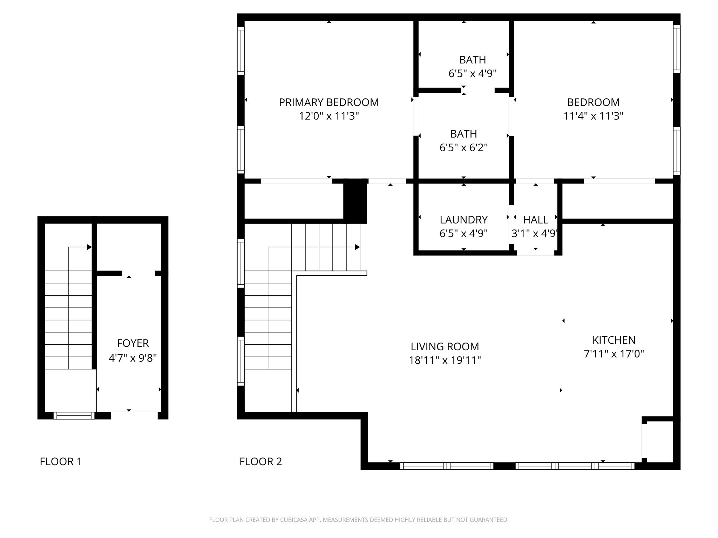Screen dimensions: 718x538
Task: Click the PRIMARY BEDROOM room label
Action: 329,102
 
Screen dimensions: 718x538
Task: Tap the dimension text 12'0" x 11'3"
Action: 329,116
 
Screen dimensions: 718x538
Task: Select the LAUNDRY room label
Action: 463,220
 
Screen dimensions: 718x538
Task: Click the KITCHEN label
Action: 614,340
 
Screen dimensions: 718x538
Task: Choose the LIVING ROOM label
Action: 445,346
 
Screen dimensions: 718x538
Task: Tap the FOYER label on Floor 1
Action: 133,343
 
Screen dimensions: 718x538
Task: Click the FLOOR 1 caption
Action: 61,462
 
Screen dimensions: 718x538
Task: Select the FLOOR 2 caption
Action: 260,462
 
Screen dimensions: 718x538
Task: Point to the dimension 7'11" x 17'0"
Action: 614,354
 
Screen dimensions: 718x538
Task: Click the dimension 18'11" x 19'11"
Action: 445,360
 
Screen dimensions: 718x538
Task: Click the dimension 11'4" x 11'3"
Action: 593,116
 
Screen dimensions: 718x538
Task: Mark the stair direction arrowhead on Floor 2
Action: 357,247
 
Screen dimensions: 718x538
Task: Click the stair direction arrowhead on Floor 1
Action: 89,247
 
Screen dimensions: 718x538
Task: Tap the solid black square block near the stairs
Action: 355,201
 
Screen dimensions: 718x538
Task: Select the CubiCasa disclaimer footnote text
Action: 359,520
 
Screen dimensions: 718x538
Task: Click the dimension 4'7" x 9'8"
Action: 133,358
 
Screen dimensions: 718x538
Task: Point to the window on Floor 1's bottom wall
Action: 74,416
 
